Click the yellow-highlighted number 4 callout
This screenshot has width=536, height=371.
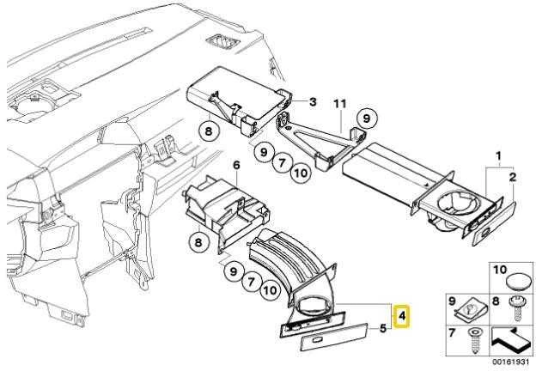point(402,316)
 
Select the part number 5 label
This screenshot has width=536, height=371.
point(383,328)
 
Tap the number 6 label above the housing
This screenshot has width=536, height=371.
point(236,166)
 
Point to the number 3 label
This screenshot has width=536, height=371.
point(313,102)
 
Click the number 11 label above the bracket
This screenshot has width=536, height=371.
point(340,104)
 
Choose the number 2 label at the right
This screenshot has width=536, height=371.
point(513,177)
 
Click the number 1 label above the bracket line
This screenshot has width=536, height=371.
point(498,156)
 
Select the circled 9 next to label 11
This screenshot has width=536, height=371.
point(367,119)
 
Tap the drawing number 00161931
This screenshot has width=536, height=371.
point(510,362)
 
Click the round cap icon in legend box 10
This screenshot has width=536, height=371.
point(518,283)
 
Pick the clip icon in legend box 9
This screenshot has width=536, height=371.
point(471,310)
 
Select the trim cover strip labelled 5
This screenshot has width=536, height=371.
point(334,338)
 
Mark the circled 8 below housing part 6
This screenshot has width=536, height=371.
point(198,242)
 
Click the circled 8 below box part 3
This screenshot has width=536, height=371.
point(209,131)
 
